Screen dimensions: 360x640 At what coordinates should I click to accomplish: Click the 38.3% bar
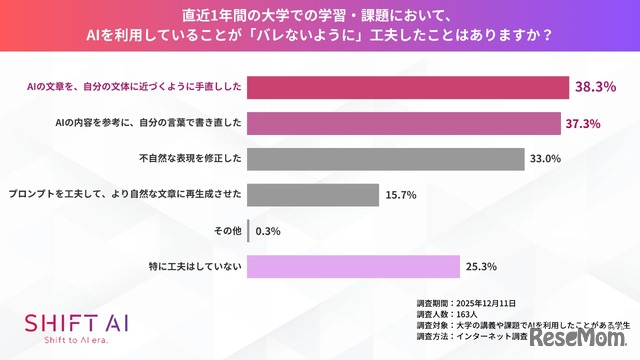pos(408,88)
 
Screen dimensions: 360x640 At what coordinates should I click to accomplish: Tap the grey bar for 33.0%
pos(385,159)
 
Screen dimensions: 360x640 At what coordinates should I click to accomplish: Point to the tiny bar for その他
pos(248,231)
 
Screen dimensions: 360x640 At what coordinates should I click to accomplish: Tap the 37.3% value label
pos(585,123)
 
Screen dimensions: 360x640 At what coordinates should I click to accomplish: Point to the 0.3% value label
pos(268,231)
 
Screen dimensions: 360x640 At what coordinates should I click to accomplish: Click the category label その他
pos(226,231)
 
